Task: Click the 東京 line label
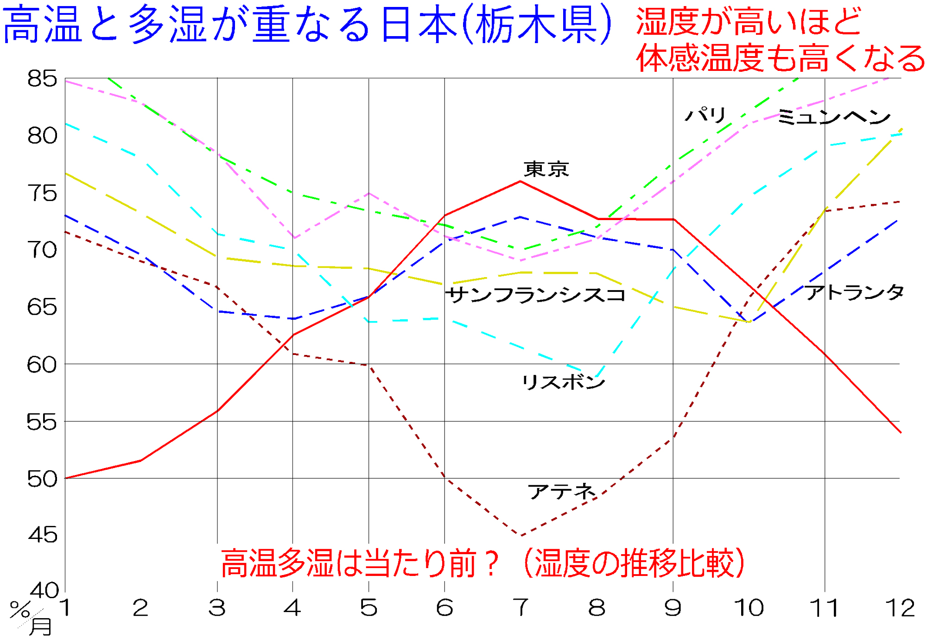click(546, 169)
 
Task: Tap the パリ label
click(705, 114)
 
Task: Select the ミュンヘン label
click(833, 117)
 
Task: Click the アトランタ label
click(854, 292)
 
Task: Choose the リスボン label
click(564, 382)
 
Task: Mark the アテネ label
click(561, 491)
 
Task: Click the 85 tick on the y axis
click(42, 79)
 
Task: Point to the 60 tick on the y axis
click(42, 365)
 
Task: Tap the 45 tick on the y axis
click(42, 535)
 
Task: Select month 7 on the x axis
click(521, 607)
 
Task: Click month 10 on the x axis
click(749, 607)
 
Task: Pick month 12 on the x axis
click(900, 607)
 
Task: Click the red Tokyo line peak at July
click(521, 181)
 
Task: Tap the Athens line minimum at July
click(521, 536)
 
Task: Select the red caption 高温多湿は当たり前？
click(359, 563)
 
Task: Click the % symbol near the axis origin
click(19, 609)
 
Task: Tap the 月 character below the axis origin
click(41, 626)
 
